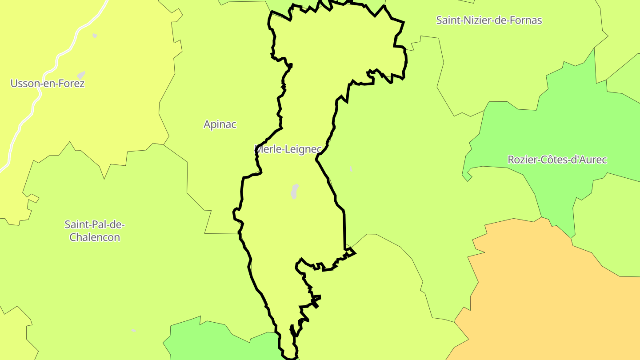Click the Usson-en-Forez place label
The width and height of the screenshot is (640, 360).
tap(48, 83)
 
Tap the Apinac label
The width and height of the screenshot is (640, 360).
tap(220, 124)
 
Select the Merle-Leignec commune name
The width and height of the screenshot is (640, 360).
tap(288, 149)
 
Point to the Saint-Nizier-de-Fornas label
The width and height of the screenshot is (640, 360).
tap(489, 20)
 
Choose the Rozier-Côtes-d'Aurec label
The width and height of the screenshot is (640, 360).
tap(557, 160)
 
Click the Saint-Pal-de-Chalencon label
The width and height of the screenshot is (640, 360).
tap(95, 231)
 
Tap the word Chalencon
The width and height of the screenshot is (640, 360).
tap(95, 237)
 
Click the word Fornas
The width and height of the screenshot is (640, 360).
tap(527, 20)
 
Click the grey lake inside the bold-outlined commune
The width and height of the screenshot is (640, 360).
tap(294, 191)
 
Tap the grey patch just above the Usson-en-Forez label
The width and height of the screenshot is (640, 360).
tap(81, 75)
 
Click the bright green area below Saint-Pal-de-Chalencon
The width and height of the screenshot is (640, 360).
tap(213, 342)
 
